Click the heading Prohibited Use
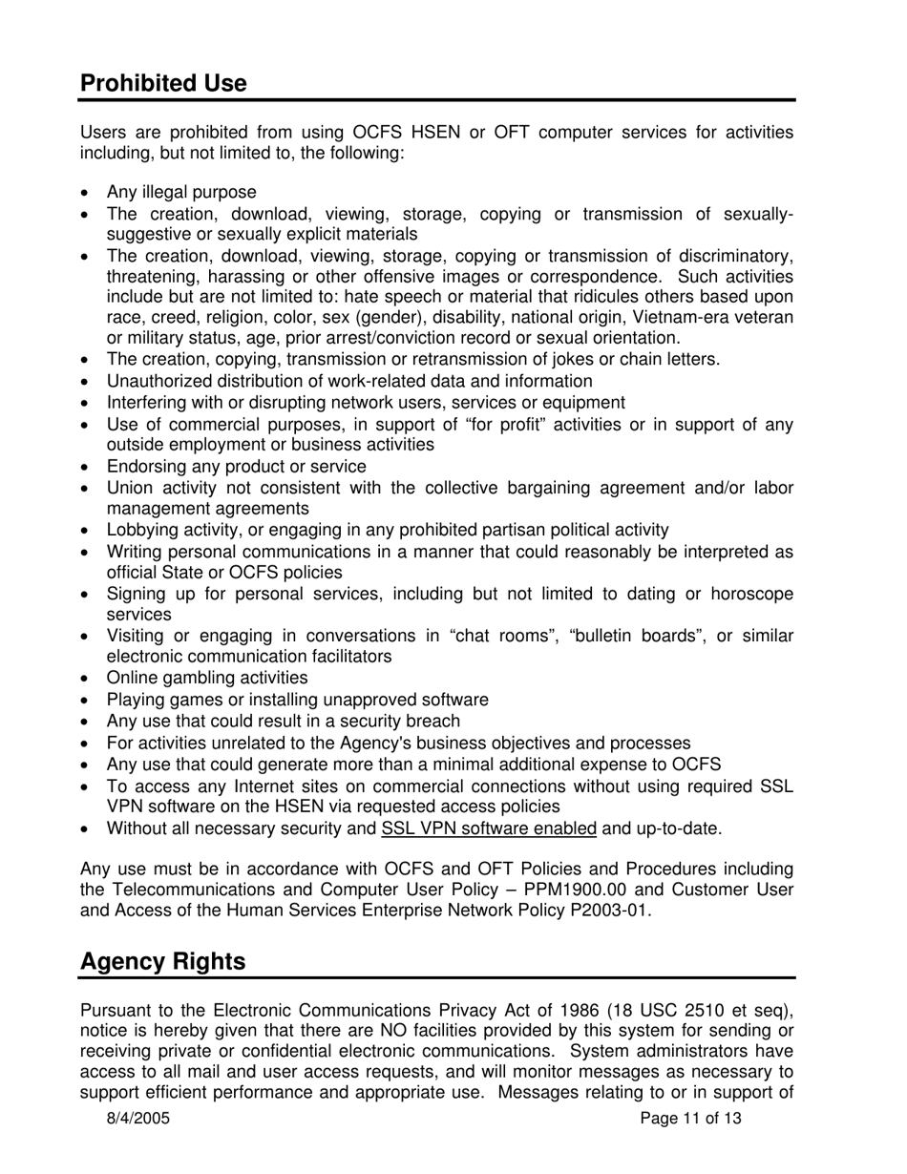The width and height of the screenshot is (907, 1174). (x=163, y=83)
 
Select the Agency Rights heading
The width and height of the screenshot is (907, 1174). (x=162, y=961)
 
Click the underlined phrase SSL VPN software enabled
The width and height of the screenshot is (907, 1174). (x=489, y=828)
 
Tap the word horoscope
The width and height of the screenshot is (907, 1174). (x=748, y=594)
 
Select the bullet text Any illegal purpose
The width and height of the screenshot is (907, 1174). (x=181, y=193)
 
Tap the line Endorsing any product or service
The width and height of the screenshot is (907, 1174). (x=236, y=467)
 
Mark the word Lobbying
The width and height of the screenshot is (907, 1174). (x=138, y=530)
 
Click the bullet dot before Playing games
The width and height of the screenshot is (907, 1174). (x=87, y=701)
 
